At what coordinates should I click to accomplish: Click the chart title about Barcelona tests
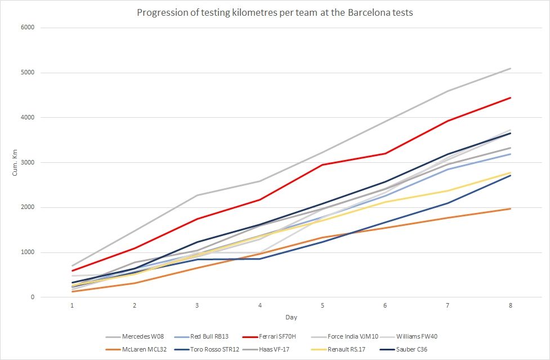[x=275, y=12]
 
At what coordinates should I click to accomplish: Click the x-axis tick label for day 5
[x=322, y=305]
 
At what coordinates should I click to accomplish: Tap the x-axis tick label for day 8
[x=510, y=305]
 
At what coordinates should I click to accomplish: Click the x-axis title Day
[x=290, y=318]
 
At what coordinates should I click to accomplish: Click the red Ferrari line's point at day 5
[x=322, y=165]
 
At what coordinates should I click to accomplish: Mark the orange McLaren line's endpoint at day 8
[x=510, y=208]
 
